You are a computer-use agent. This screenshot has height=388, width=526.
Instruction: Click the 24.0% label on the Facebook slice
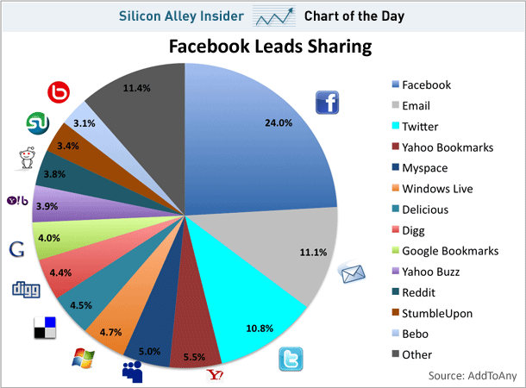click(279, 123)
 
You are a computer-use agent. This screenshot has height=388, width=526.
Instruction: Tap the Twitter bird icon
click(291, 359)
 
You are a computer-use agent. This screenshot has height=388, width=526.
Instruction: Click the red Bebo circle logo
click(59, 92)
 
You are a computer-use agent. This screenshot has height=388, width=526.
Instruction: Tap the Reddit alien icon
click(27, 159)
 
